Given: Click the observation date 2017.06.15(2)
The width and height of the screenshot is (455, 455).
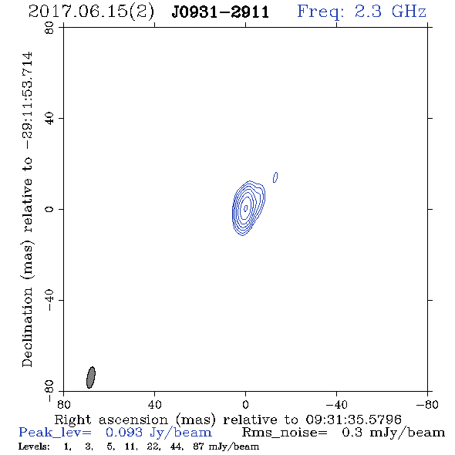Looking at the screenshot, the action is pyautogui.click(x=91, y=12).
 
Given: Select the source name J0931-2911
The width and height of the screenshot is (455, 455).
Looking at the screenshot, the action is pyautogui.click(x=221, y=12).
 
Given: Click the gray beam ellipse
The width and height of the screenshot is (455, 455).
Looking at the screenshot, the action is pyautogui.click(x=91, y=377).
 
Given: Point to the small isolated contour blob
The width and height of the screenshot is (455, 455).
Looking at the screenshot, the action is pyautogui.click(x=275, y=177).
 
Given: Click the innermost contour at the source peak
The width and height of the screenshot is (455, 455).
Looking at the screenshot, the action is pyautogui.click(x=246, y=207).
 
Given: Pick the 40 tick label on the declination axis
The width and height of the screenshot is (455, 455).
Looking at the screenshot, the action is pyautogui.click(x=49, y=119).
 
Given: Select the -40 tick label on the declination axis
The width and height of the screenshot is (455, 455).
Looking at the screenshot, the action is pyautogui.click(x=49, y=300).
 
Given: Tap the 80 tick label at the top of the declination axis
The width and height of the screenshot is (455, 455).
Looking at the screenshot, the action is pyautogui.click(x=49, y=28).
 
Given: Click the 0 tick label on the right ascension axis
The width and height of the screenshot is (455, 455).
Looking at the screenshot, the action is pyautogui.click(x=245, y=404).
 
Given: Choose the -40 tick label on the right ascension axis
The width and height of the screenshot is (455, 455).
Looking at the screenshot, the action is pyautogui.click(x=336, y=404).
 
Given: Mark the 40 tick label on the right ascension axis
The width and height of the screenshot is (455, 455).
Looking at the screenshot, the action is pyautogui.click(x=154, y=404).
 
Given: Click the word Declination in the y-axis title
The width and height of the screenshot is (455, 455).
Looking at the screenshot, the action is pyautogui.click(x=27, y=327).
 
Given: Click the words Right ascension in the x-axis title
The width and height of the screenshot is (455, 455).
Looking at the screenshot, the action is pyautogui.click(x=111, y=420).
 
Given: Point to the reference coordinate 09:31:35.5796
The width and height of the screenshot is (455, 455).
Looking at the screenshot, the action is pyautogui.click(x=353, y=420).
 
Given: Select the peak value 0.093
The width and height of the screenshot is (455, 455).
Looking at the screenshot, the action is pyautogui.click(x=124, y=433).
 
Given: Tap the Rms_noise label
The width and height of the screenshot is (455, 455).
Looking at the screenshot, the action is pyautogui.click(x=285, y=433).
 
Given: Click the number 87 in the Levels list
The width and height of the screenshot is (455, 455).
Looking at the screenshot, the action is pyautogui.click(x=198, y=447).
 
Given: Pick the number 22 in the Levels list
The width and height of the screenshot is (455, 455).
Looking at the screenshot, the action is pyautogui.click(x=153, y=447).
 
